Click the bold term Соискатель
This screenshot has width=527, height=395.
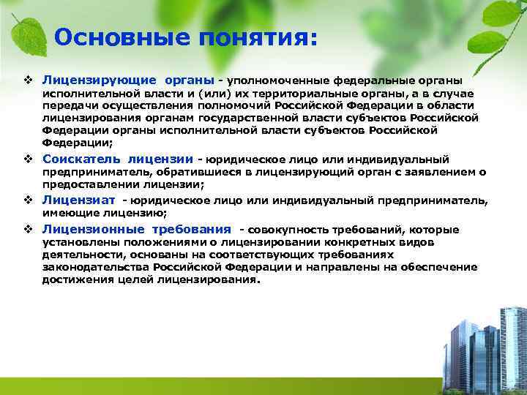point(81,159)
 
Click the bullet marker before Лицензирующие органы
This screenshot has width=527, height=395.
point(28,79)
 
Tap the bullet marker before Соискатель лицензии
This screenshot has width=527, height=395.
point(28,159)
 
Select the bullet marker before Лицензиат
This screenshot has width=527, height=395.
point(28,200)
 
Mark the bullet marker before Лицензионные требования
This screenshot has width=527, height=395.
point(28,230)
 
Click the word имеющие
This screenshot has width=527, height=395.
point(68,213)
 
